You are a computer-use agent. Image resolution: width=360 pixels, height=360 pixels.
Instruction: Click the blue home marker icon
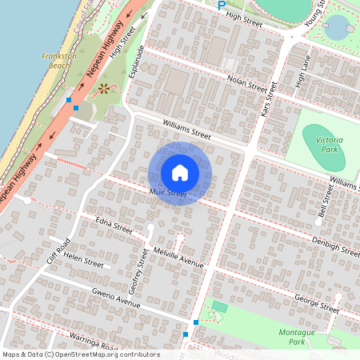coord(180,173)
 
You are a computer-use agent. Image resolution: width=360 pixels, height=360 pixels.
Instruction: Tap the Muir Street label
coord(167,194)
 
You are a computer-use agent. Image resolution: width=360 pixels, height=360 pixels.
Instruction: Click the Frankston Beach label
coord(60,62)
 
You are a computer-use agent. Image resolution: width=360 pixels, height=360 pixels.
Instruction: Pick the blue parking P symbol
coord(222,5)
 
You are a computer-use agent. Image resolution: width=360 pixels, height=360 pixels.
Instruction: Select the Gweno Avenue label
coord(116,297)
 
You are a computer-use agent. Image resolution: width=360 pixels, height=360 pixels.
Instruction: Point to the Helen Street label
coord(84,259)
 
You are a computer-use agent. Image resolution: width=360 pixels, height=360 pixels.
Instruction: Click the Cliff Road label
coord(58,251)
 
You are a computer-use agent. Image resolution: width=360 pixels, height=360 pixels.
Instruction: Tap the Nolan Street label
coord(246,82)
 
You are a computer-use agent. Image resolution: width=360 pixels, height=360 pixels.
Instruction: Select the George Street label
coord(316,302)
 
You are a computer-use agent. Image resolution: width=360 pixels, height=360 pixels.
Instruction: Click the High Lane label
coord(302,72)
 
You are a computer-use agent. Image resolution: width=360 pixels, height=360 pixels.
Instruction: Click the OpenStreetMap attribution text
coord(81,354)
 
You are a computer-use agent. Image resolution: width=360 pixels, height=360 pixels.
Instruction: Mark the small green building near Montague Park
coord(220,306)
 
